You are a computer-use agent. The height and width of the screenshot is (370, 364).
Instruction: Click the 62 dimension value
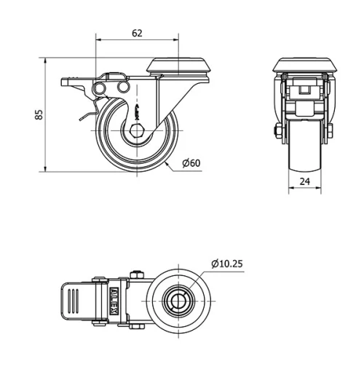137,33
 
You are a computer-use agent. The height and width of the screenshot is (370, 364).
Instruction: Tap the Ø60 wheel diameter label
191,163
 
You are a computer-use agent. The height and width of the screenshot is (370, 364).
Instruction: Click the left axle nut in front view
279,132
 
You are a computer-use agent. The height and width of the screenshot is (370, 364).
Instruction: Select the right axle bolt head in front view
330,131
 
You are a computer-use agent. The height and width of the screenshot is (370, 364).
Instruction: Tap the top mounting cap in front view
304,64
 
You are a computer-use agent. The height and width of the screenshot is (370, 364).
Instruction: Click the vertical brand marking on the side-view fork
137,112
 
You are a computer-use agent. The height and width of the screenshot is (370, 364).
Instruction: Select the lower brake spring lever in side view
86,114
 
